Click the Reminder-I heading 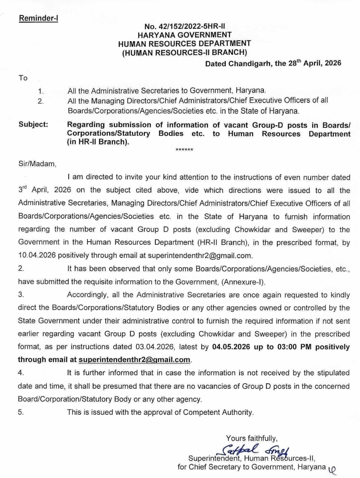38,20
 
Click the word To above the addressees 22,78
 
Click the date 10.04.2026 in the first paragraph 37,256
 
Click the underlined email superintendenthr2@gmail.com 135,359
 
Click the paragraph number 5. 21,412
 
